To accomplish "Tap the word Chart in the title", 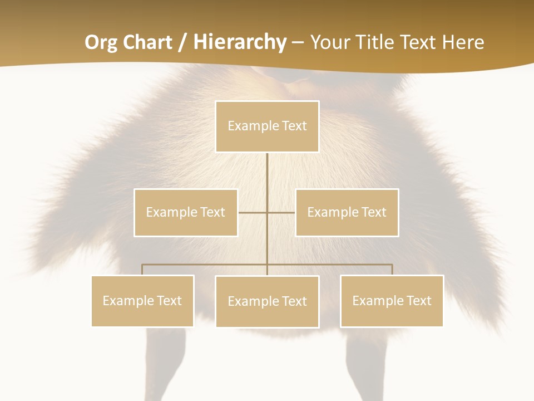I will point(147,42).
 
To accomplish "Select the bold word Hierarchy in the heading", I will point(240,42).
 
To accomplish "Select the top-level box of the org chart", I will point(267,126).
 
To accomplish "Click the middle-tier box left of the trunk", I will point(186,212).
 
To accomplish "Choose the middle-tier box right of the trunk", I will point(347,212).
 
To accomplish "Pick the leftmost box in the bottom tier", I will point(142,301).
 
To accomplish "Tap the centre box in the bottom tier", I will point(267,301).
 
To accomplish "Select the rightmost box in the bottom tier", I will point(392,301).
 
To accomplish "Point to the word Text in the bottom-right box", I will point(419,301).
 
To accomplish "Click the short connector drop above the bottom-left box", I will point(142,270).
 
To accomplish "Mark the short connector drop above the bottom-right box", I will point(392,270).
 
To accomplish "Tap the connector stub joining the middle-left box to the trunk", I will point(252,212).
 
